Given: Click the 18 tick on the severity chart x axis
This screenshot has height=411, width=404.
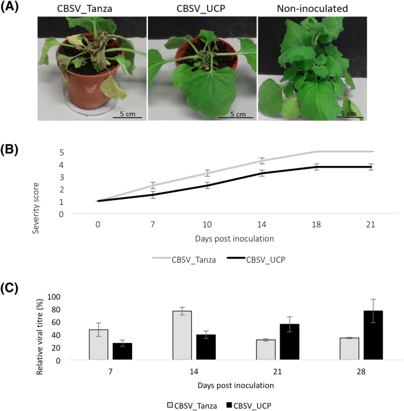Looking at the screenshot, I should click(x=317, y=224).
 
